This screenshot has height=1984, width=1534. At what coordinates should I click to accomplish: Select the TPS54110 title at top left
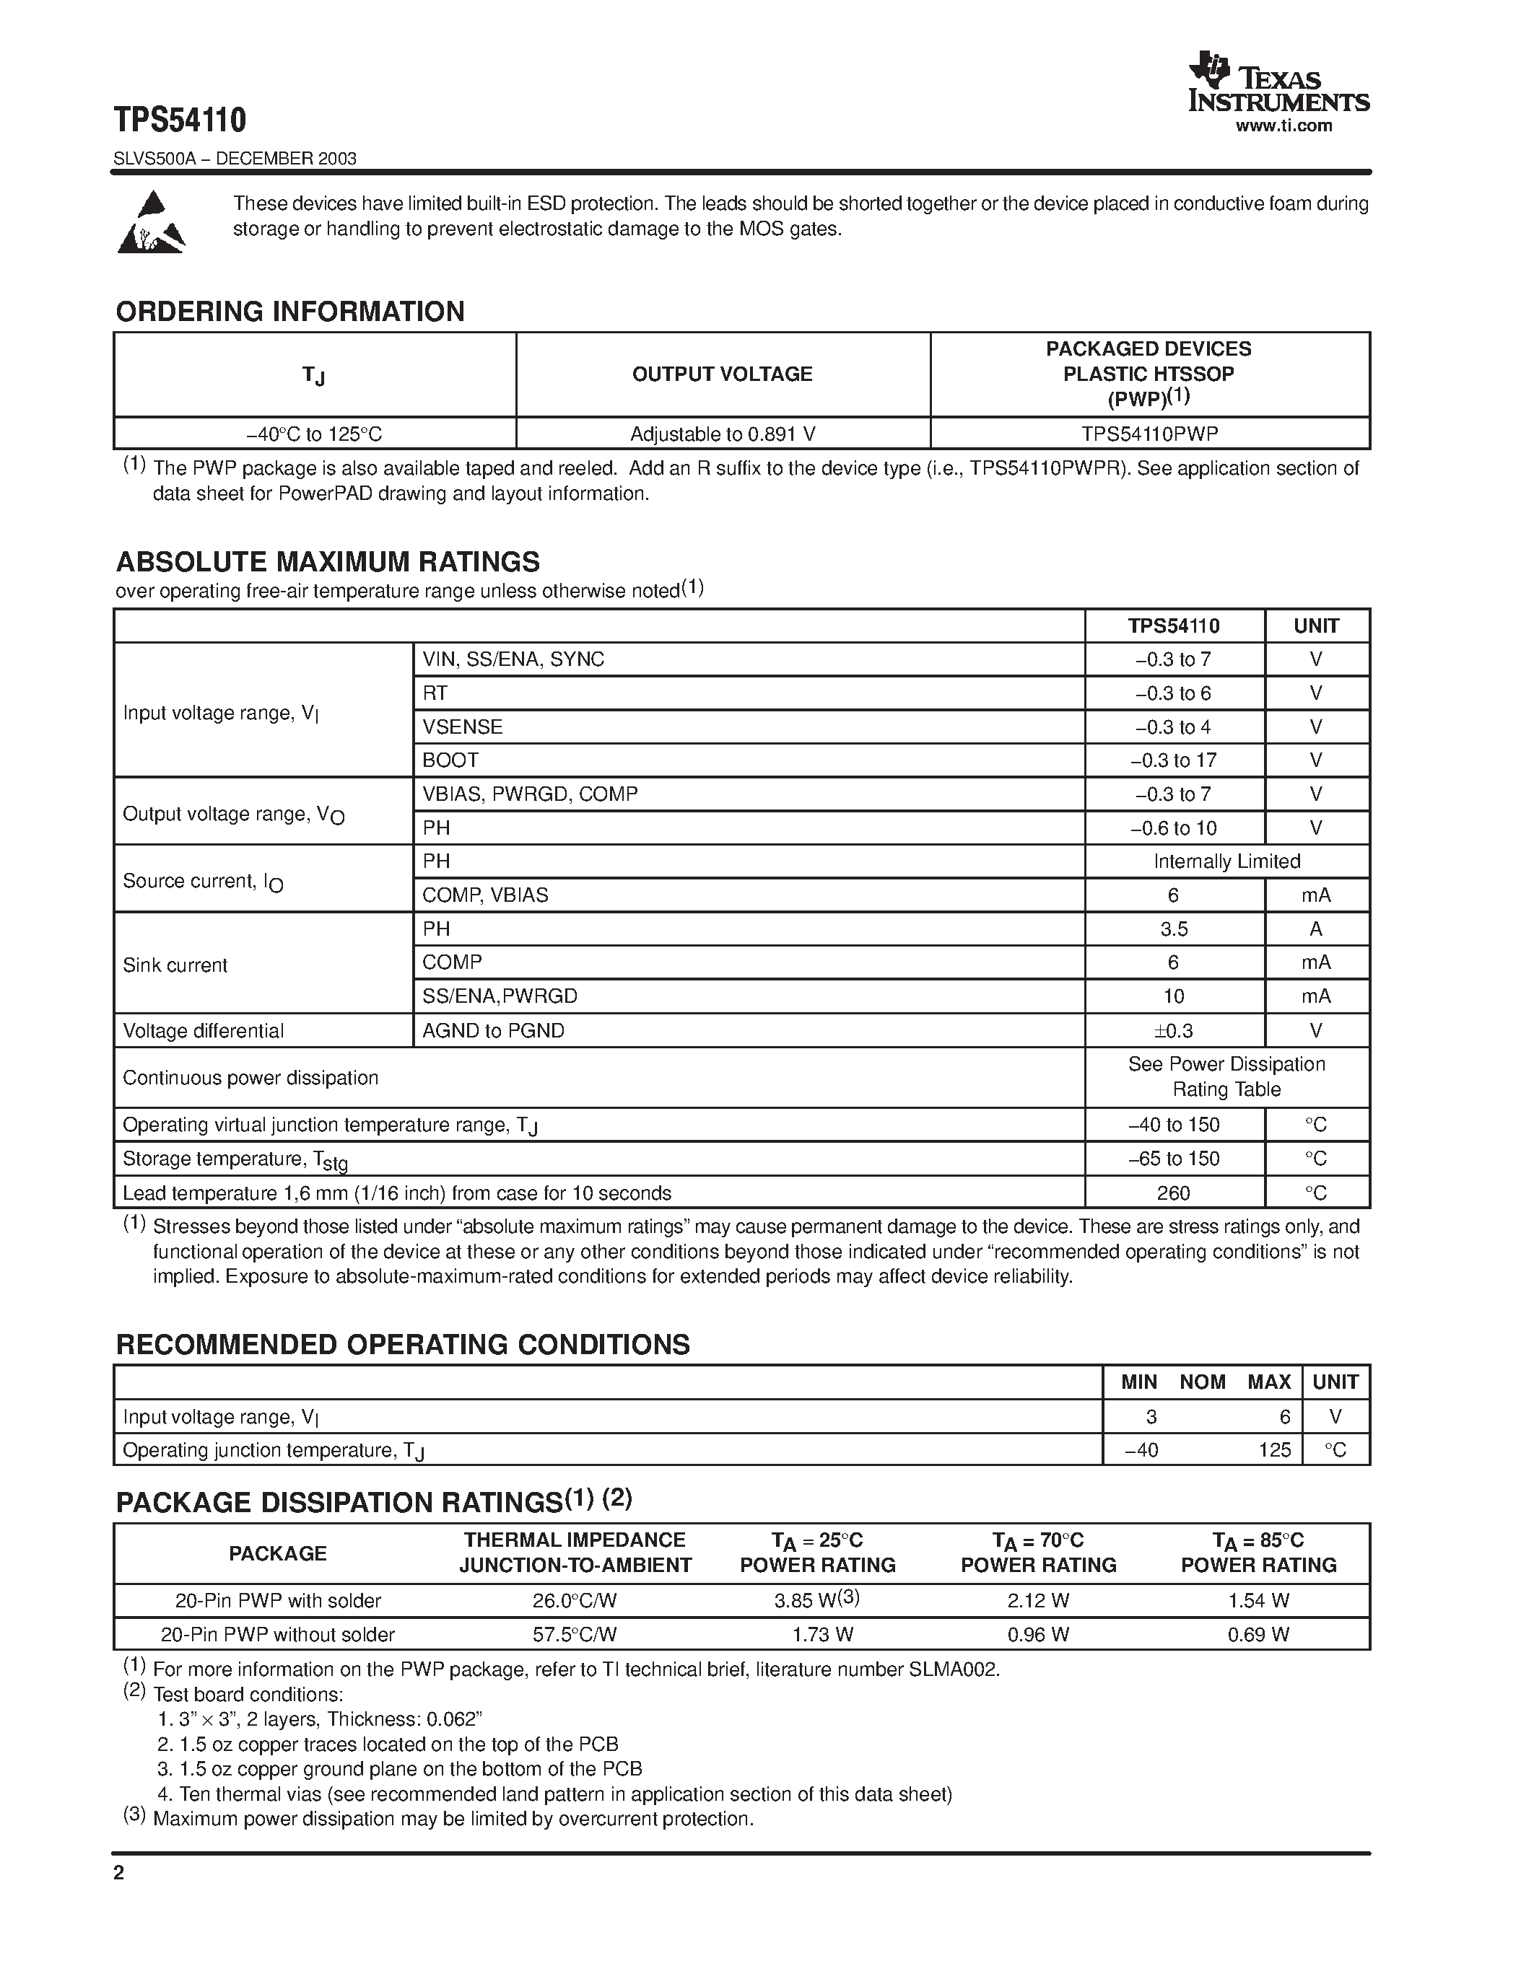pos(180,119)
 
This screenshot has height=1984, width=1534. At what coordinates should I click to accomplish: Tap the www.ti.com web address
pos(1284,126)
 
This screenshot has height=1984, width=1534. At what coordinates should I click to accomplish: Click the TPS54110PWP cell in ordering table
pos(1149,434)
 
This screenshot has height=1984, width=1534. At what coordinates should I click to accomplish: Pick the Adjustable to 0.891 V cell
pos(723,434)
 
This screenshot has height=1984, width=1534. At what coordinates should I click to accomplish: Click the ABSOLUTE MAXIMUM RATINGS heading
pos(327,561)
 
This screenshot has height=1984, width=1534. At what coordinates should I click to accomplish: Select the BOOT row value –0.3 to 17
pos(1173,760)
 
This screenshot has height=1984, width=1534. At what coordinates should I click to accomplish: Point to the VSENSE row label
pos(463,727)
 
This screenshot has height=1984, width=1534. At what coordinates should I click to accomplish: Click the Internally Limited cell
pos(1226,861)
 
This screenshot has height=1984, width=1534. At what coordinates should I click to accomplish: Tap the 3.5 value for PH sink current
pos(1173,929)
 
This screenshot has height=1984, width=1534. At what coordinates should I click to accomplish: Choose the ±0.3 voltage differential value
pos(1173,1030)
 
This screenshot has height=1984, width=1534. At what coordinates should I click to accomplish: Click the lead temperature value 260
pos(1173,1193)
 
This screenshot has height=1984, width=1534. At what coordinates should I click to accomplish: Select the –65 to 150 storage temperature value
pos(1173,1158)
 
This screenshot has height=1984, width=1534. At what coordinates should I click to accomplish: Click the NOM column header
pos(1203,1382)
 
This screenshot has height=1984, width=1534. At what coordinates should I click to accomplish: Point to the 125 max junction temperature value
pos(1274,1450)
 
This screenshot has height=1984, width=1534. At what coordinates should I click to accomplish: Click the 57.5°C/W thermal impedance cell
pos(575,1634)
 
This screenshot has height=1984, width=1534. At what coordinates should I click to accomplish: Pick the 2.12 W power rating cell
pos(1038,1601)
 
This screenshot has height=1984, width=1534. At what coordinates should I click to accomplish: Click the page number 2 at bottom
pos(119,1872)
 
